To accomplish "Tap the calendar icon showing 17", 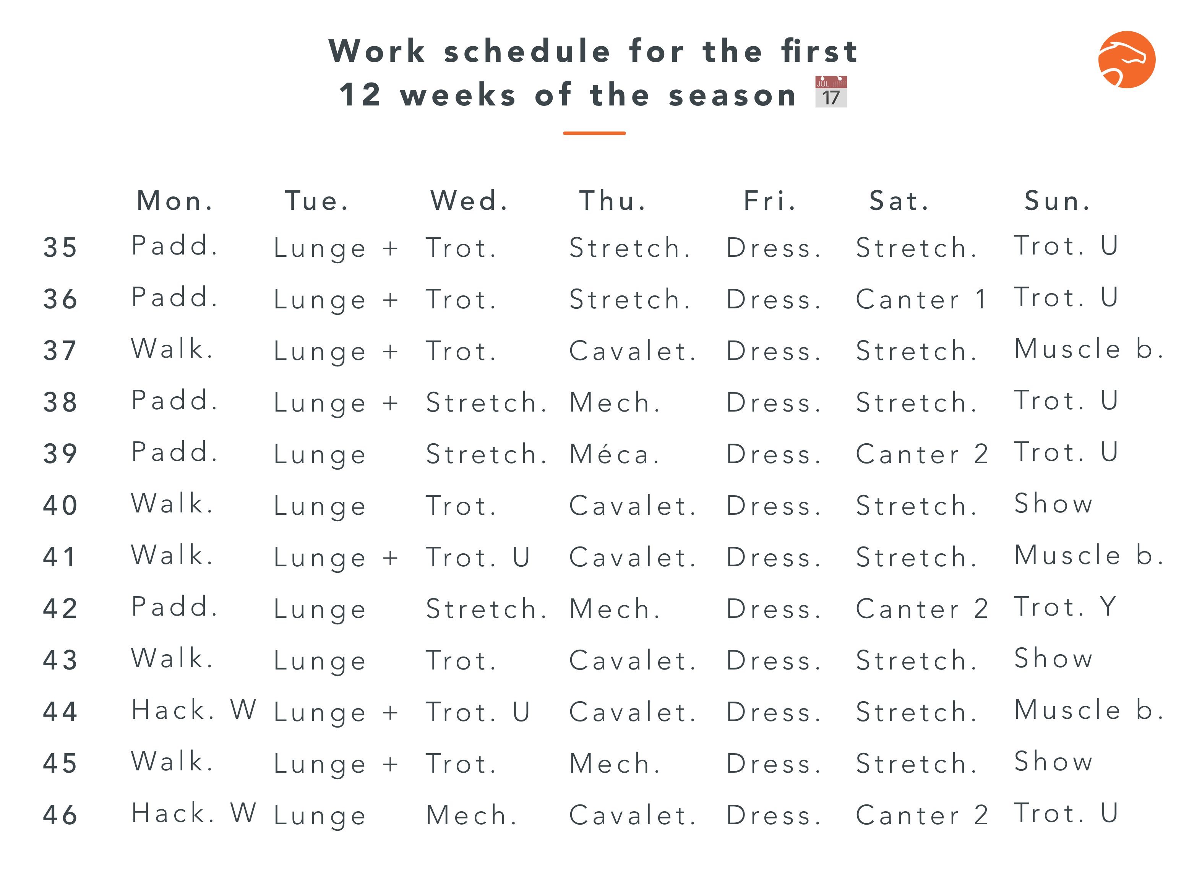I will tap(831, 92).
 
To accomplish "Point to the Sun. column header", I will tap(1058, 201).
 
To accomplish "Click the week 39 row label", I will tap(60, 454).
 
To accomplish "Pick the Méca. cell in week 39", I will tap(614, 454).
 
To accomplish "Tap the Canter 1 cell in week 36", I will tap(921, 300).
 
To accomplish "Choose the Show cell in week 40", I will tap(1054, 504).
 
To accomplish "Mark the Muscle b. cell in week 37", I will tap(1089, 349).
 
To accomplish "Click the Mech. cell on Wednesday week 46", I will tap(471, 815).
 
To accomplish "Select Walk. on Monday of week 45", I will tap(172, 762).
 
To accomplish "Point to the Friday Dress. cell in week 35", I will tap(774, 248).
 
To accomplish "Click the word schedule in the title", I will tap(527, 52).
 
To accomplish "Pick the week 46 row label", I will tap(60, 815).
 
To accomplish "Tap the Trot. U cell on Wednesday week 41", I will tap(478, 558).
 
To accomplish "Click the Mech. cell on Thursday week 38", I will tap(615, 403).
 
